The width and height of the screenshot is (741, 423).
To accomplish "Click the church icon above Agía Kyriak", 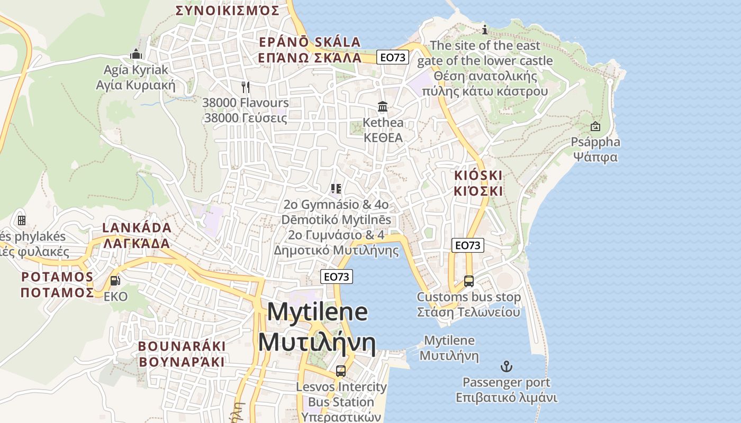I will click(136, 54).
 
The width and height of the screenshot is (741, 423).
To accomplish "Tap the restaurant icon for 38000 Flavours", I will click(245, 87).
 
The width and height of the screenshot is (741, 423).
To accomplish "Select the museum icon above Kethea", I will click(383, 107).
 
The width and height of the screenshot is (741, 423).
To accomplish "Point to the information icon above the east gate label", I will click(484, 30).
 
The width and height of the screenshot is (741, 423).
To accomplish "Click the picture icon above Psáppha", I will click(595, 126).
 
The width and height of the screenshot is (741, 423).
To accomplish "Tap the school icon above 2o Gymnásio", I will click(336, 189).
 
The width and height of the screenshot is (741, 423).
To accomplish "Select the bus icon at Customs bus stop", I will click(468, 281).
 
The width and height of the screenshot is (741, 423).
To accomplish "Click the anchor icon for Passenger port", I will click(507, 366).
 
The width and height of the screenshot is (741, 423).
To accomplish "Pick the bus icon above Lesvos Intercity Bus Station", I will click(341, 371).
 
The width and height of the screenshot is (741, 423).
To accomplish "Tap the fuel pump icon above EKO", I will click(115, 281).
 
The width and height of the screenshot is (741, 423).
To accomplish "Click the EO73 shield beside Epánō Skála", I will click(393, 57).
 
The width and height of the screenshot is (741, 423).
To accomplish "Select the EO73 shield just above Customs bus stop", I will click(468, 245).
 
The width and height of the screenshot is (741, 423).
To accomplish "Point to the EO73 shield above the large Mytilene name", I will click(336, 277).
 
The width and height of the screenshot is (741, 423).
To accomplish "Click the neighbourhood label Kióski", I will click(478, 183).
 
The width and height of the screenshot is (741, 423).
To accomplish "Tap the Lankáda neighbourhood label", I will click(137, 236).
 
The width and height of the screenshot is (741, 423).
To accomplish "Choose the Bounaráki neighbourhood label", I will click(182, 354).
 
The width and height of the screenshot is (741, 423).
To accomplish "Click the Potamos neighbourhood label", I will click(57, 284).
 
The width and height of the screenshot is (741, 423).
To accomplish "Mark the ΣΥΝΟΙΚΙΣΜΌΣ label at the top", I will click(227, 11).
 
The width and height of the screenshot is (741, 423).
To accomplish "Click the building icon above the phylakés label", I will click(22, 220).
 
